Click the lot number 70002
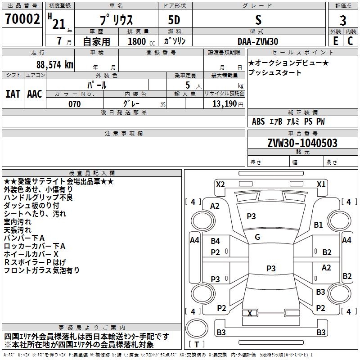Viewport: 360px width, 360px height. point(22,19)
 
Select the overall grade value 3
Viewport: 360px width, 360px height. point(343,20)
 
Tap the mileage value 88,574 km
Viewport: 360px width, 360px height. point(55,65)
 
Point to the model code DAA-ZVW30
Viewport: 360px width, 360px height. point(258,41)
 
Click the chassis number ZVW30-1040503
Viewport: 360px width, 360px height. point(302,143)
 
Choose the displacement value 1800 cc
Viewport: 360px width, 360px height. point(141,41)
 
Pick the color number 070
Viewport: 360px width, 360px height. point(75,104)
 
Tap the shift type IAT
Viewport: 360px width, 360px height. point(13,94)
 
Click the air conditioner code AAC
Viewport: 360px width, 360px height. point(35,94)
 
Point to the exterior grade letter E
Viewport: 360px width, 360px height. point(336,41)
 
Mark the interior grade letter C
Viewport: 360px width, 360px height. point(351,41)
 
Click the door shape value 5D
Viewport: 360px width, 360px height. point(174,20)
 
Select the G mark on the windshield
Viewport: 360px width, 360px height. point(257,237)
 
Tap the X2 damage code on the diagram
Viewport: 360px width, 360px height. point(220,184)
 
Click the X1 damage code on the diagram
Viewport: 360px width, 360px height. point(321,184)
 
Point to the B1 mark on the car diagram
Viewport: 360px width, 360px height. point(318,225)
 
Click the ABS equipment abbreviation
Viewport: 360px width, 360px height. point(258,121)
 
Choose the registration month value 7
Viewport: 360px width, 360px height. point(59,41)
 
